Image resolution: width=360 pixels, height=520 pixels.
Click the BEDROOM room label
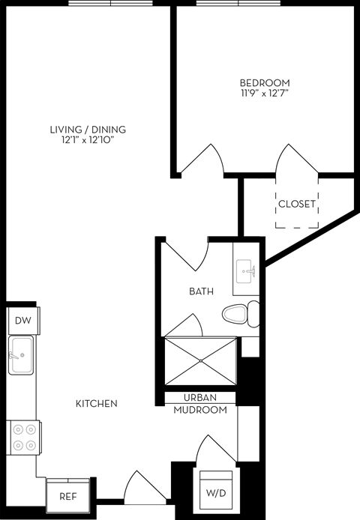[264, 82]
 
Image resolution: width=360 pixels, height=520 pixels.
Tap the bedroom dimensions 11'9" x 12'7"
[264, 94]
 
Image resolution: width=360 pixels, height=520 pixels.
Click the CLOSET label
[296, 204]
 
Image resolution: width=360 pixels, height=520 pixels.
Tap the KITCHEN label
[97, 404]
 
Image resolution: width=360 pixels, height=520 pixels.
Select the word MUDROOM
[200, 411]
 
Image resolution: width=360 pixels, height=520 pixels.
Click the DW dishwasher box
[22, 321]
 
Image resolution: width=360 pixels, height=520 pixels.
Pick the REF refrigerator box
[68, 495]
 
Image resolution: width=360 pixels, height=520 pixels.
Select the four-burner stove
[22, 437]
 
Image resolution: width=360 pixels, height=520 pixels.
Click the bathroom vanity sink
[247, 271]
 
